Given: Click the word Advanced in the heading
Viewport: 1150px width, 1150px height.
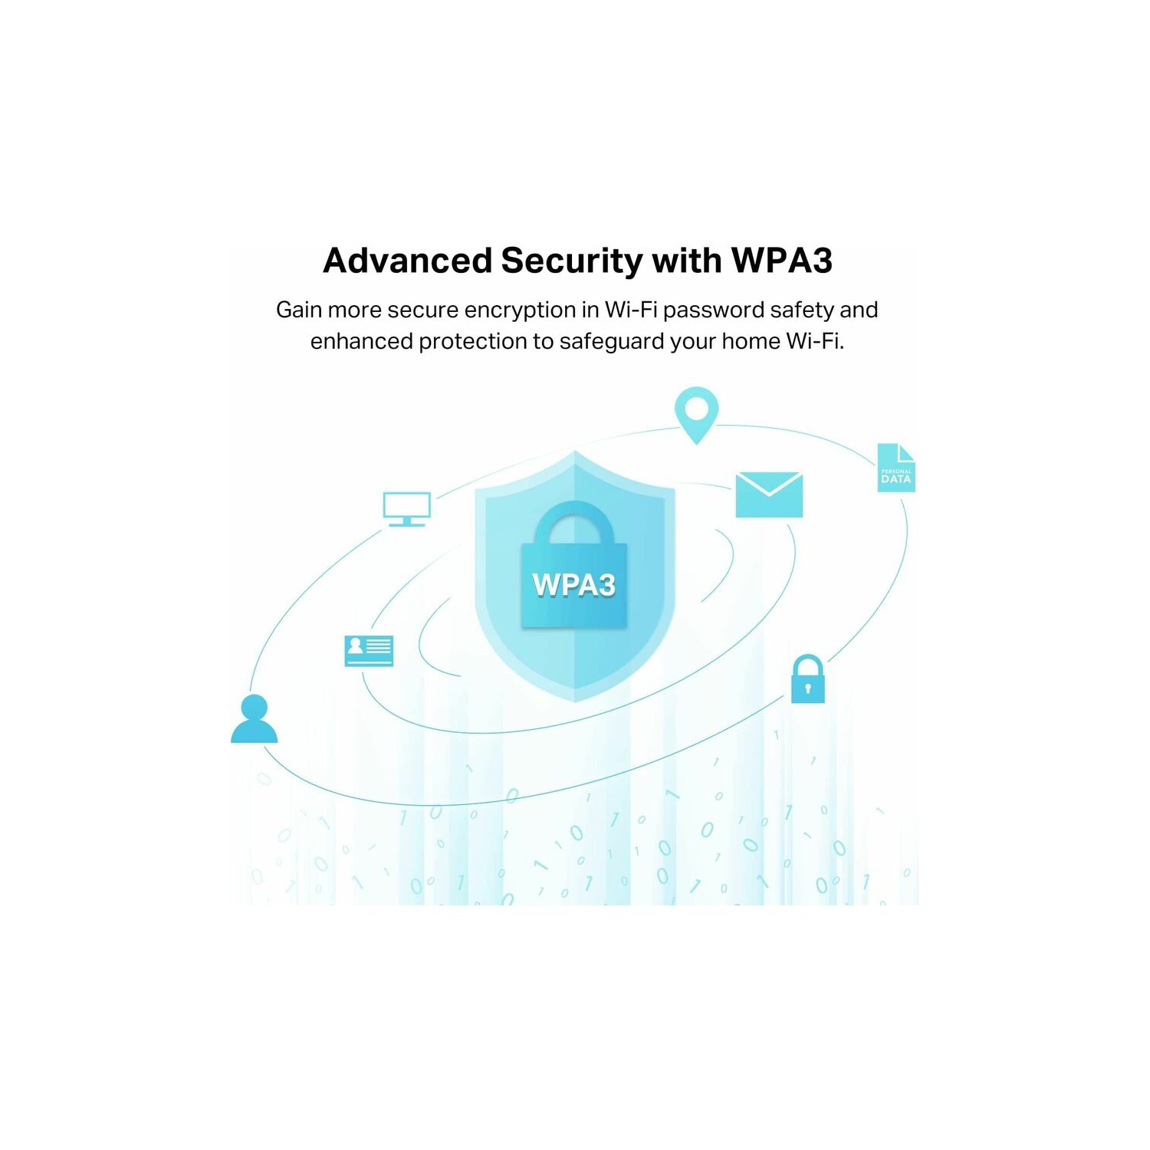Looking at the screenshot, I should point(407,261).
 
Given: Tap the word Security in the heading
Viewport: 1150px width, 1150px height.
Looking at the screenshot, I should point(571,261).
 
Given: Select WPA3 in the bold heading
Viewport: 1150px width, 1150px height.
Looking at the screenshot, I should point(781,261).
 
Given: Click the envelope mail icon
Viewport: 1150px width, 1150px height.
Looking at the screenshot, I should point(769,495).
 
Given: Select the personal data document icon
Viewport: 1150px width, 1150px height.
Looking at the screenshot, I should point(895,468).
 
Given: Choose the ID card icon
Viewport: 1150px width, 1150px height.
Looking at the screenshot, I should point(369,650).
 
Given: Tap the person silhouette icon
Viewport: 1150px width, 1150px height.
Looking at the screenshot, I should point(254,719).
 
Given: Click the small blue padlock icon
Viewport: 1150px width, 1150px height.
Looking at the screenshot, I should point(807,679).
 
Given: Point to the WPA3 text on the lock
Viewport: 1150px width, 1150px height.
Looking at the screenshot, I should point(573,585).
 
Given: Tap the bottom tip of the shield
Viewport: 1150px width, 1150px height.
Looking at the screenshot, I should point(575,698).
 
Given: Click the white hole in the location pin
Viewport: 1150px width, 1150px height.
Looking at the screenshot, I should point(696,408).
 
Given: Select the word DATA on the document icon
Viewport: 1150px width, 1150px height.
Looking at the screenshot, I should point(895,479).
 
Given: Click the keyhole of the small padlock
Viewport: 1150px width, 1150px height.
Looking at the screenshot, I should point(807,688).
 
